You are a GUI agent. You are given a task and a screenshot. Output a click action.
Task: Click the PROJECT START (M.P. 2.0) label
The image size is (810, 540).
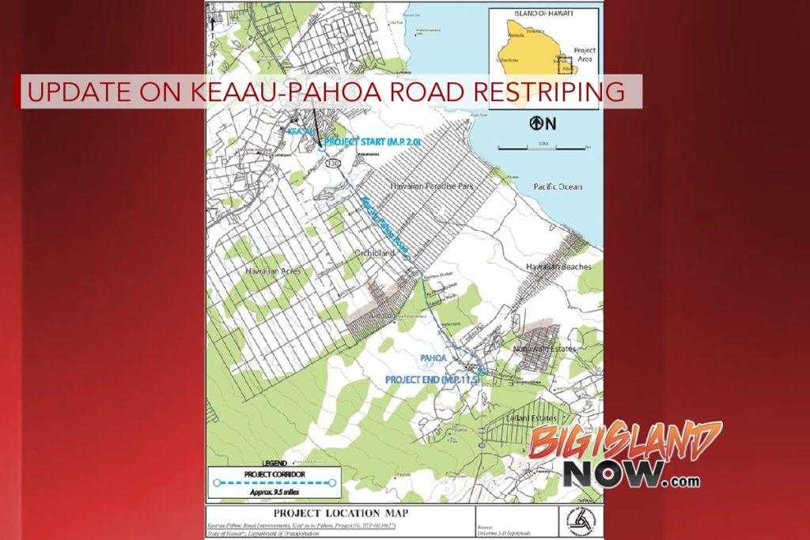coord(372,142)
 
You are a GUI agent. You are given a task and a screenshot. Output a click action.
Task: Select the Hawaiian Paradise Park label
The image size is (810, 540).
coord(430,185)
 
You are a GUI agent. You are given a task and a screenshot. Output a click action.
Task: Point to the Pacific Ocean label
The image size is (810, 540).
coord(557,187)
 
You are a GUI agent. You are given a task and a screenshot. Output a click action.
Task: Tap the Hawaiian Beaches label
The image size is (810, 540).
coord(558,267)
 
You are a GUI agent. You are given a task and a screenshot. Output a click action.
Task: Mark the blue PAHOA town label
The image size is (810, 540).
coord(433,358)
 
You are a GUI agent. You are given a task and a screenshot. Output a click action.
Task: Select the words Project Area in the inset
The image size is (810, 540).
coord(585,55)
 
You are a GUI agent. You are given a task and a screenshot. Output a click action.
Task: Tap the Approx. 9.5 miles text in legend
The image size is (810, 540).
coord(271,491)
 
